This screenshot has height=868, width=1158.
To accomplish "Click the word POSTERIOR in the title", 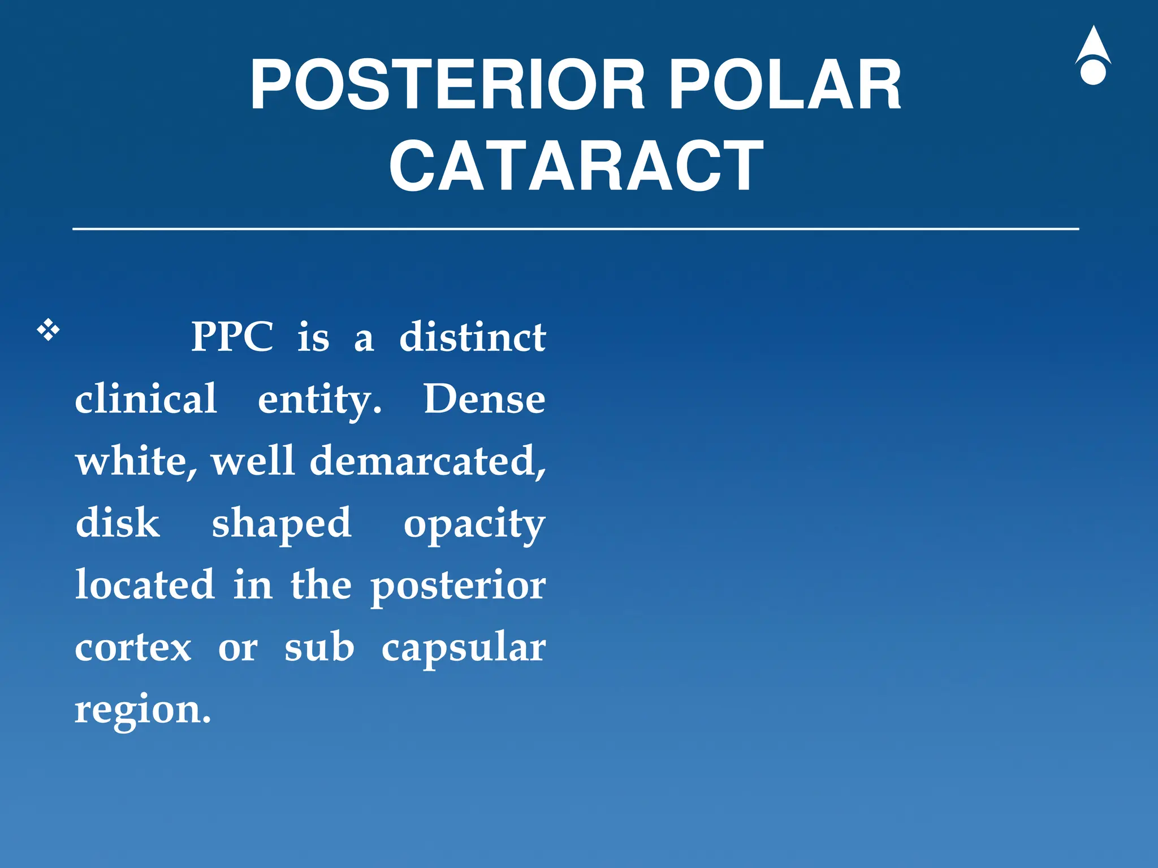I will click(447, 85).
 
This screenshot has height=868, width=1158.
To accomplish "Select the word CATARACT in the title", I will click(576, 166).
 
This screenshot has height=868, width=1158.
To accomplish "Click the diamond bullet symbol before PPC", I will click(49, 330).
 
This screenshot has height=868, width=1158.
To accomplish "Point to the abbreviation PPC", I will click(232, 337).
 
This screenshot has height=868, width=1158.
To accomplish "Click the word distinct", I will click(472, 337).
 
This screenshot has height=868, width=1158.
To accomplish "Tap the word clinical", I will click(146, 398).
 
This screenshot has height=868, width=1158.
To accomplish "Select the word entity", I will click(319, 400).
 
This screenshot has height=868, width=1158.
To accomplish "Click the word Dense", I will click(485, 398).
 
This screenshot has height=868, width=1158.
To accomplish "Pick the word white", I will click(136, 461).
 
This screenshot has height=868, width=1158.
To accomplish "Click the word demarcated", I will click(427, 461).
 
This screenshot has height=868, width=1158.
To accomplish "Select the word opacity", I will click(474, 524).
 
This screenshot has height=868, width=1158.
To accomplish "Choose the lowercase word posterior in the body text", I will click(458, 587).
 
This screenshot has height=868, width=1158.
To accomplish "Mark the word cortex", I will click(133, 648).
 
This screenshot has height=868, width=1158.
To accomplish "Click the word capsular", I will click(463, 649).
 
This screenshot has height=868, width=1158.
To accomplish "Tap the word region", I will click(142, 710).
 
